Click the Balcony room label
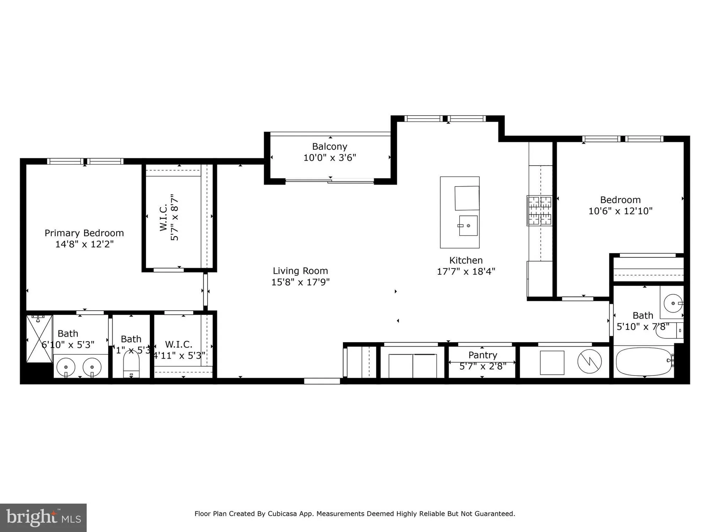(329, 146)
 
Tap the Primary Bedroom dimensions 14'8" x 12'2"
(84, 244)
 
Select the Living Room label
(300, 271)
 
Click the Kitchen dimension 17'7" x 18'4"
(466, 272)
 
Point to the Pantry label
(482, 355)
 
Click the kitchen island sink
(468, 226)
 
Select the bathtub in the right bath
(644, 362)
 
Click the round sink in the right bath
(673, 304)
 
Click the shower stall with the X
(39, 339)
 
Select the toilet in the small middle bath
(131, 365)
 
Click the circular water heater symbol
(589, 362)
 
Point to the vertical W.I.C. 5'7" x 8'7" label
(169, 217)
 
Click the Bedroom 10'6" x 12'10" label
(620, 205)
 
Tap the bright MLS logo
(43, 517)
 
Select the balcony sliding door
(330, 181)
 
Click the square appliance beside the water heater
(552, 362)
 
